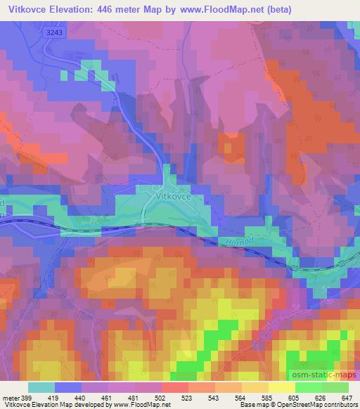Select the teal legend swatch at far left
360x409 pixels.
coord(41,387)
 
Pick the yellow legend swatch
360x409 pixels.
coord(281,387)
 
